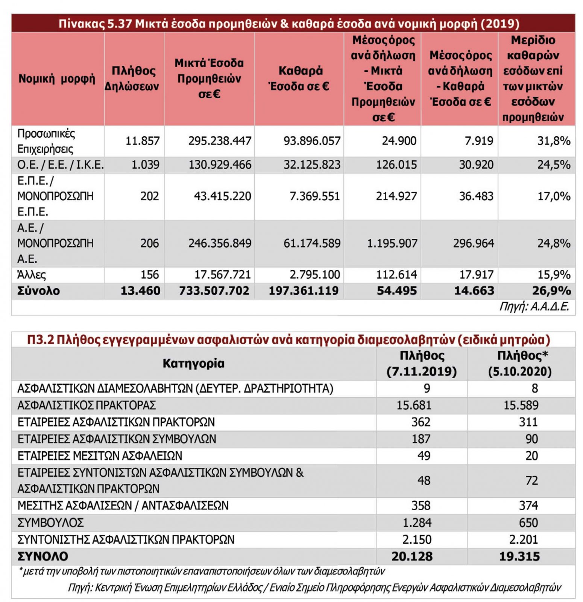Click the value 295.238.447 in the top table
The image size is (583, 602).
coord(220,141)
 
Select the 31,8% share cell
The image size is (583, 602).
coord(554,141)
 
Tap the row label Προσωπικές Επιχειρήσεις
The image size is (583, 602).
coord(46,141)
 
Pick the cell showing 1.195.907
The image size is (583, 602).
coord(392,243)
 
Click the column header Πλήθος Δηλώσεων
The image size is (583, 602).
coord(134,79)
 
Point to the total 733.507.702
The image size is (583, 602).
coord(214,291)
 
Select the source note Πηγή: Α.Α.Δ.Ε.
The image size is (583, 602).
coord(534,307)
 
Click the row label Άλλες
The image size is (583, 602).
coord(32,275)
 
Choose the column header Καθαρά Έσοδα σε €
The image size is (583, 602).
coord(300,79)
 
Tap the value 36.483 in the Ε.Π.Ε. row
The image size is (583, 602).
coord(476,196)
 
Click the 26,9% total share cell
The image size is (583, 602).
coord(551,291)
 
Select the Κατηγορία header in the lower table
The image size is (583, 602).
coord(193,363)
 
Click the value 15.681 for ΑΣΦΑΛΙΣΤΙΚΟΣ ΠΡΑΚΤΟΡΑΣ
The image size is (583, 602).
coord(414,405)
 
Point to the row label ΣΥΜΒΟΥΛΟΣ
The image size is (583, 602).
coord(50,523)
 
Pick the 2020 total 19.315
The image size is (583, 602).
coord(519,556)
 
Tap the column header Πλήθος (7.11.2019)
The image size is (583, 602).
coord(422,363)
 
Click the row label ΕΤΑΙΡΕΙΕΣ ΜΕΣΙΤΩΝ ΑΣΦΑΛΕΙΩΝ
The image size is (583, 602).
coord(100,456)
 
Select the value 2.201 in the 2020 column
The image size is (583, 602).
coord(523,540)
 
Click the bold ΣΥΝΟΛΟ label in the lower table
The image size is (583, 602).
coord(43,556)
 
